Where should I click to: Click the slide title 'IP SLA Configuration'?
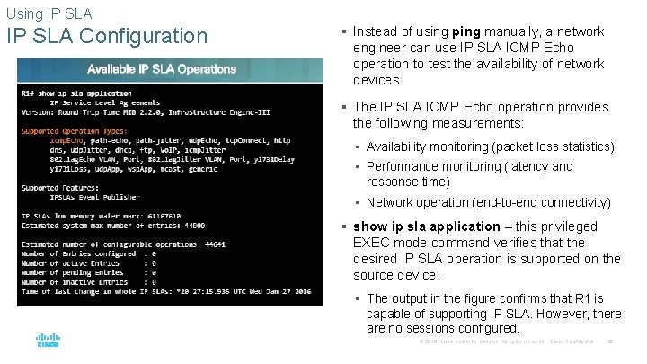pos(107,37)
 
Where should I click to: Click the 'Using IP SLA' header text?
pos(49,13)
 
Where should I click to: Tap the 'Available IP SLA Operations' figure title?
pos(162,69)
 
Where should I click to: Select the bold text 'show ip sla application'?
pos(426,226)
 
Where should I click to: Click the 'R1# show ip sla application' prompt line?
pos(77,93)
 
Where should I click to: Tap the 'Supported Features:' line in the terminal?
pos(54,187)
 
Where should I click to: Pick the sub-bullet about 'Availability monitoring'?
pos(490,146)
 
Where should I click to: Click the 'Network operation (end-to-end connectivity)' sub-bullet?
pos(488,202)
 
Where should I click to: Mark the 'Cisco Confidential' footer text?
pos(572,342)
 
